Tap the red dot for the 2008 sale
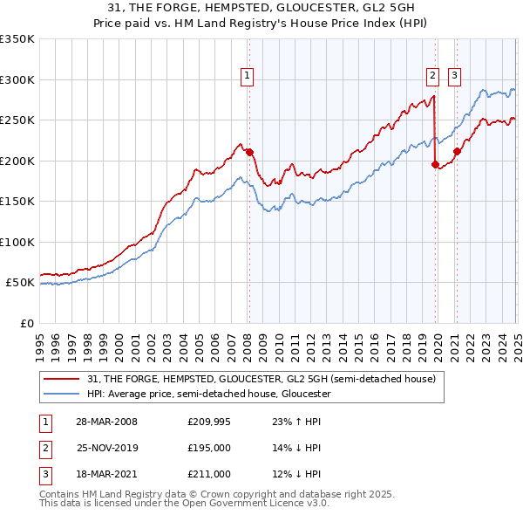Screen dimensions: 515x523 click(x=249, y=152)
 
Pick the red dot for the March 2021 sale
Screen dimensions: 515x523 click(x=456, y=151)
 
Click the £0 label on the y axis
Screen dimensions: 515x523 click(x=26, y=323)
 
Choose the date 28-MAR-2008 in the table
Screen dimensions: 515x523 click(x=106, y=421)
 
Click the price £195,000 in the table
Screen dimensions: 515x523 click(x=209, y=448)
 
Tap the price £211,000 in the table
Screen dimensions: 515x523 click(x=209, y=474)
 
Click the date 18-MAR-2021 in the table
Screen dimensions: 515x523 click(x=106, y=474)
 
